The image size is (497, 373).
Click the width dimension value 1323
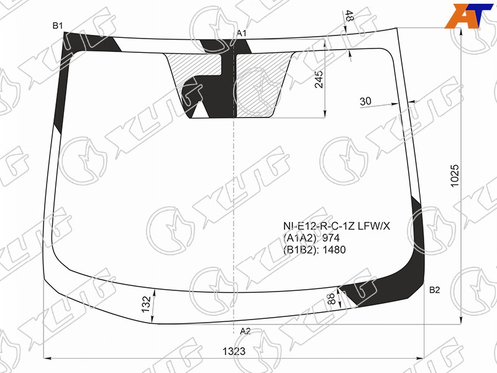(x=234, y=351)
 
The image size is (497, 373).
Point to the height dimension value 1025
(x=455, y=176)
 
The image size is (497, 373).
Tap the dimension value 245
(x=319, y=80)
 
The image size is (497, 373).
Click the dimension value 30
(x=365, y=101)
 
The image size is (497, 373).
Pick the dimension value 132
(x=146, y=304)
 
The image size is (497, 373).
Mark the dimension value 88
(x=331, y=299)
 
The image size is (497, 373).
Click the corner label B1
(x=58, y=25)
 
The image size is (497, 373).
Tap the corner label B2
(x=434, y=290)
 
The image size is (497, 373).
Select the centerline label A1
(x=242, y=33)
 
